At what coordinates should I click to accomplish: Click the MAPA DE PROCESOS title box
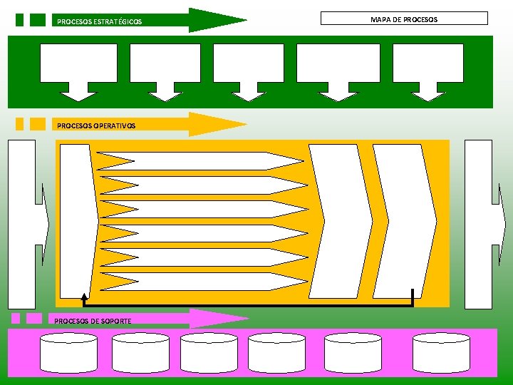[x=404, y=19]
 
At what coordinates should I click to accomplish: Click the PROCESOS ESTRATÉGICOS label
[x=99, y=22]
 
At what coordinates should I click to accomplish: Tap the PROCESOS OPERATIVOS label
[x=96, y=125]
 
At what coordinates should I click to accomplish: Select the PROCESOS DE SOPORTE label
[x=93, y=321]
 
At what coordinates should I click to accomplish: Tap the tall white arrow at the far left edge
[x=24, y=224]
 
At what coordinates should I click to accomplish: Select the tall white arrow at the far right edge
[x=480, y=224]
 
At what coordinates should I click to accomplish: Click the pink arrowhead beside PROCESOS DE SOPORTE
[x=224, y=319]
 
